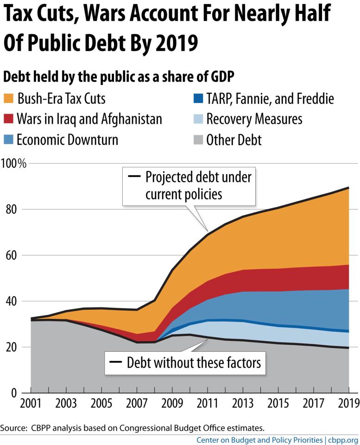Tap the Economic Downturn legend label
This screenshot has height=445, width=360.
[x=67, y=140]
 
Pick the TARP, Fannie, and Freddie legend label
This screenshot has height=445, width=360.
[x=270, y=99]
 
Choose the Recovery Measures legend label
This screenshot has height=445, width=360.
[x=254, y=119]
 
